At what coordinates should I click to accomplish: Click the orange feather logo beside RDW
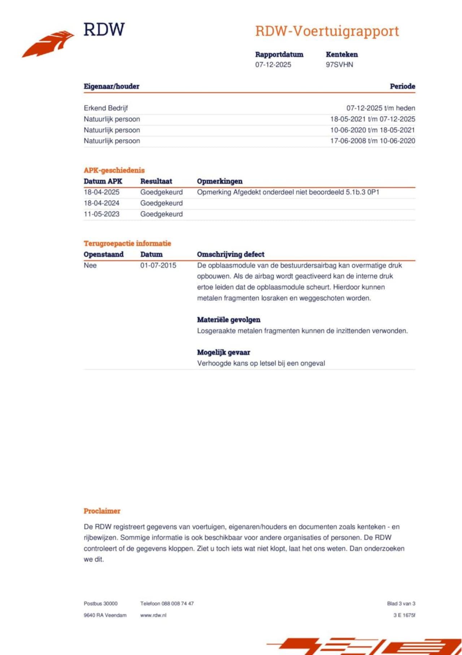click(x=49, y=44)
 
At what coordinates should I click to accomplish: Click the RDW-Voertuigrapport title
click(x=327, y=31)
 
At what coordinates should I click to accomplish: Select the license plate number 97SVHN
click(x=339, y=65)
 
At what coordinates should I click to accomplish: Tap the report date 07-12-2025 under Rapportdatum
click(x=273, y=65)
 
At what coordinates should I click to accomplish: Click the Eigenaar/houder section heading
click(x=112, y=86)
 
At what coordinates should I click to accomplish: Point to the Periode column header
click(x=402, y=86)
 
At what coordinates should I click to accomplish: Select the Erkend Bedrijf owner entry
click(x=106, y=108)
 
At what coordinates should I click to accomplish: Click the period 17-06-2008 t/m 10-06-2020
click(x=372, y=141)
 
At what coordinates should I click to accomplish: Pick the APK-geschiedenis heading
click(x=114, y=170)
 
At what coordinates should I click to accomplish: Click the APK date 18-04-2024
click(x=101, y=203)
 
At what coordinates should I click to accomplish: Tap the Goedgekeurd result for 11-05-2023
click(x=161, y=214)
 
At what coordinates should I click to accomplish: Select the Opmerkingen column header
click(x=219, y=181)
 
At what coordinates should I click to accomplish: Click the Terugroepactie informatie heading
click(x=127, y=243)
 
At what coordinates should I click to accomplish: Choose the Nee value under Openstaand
click(x=90, y=265)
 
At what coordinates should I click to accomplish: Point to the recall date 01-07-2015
click(x=158, y=265)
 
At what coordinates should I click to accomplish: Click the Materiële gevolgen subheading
click(x=228, y=320)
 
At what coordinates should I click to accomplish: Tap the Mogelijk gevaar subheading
click(x=223, y=352)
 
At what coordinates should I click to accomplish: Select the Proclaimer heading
click(x=102, y=511)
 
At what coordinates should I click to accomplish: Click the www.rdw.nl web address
click(x=153, y=615)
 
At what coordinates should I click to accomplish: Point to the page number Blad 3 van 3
click(x=401, y=604)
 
